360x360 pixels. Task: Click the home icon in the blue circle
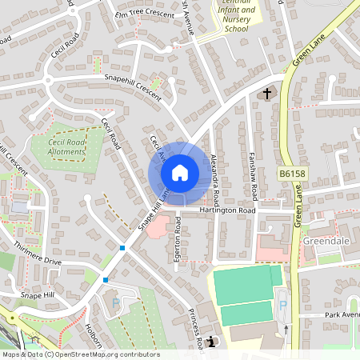[x=180, y=173]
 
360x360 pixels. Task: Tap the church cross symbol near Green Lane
[x=267, y=94]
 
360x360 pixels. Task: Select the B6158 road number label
[x=293, y=173]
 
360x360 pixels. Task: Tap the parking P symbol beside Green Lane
[x=281, y=304]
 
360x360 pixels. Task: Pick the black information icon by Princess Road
[x=210, y=343]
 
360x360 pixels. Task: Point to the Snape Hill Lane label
[x=153, y=210]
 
